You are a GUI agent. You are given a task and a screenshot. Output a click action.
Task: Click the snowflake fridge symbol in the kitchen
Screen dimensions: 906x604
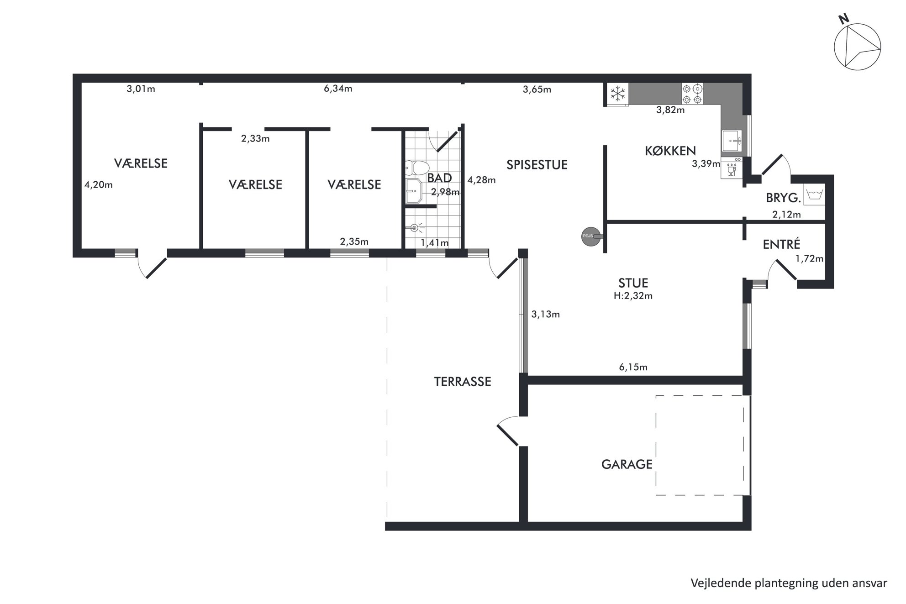(617, 95)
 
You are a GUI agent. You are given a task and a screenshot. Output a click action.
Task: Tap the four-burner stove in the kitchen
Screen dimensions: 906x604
(692, 94)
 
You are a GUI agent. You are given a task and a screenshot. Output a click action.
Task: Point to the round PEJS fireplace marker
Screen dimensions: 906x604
(590, 236)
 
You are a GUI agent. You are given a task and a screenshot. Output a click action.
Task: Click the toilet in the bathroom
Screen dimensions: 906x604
(416, 168)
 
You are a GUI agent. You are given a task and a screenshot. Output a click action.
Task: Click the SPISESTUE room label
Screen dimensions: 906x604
(537, 165)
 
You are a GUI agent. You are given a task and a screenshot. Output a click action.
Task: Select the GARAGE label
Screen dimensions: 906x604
(627, 464)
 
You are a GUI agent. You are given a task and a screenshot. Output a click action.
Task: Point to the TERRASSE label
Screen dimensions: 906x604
(462, 382)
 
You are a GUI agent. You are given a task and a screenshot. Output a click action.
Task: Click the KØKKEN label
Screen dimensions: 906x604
(670, 151)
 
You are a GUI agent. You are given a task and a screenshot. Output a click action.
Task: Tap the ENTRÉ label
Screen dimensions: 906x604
(781, 244)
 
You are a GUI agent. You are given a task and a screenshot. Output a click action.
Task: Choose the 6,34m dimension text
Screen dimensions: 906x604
(338, 89)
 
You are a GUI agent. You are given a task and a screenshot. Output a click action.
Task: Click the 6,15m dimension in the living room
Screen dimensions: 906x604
(633, 367)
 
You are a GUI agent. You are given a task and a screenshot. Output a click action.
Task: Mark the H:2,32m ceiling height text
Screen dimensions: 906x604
(633, 296)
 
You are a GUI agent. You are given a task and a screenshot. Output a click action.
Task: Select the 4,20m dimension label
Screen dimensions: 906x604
(98, 185)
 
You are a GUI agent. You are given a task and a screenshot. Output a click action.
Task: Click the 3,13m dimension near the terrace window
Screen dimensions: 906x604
(545, 314)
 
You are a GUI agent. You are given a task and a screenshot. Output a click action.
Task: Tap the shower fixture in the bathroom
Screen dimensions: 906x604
(415, 227)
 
